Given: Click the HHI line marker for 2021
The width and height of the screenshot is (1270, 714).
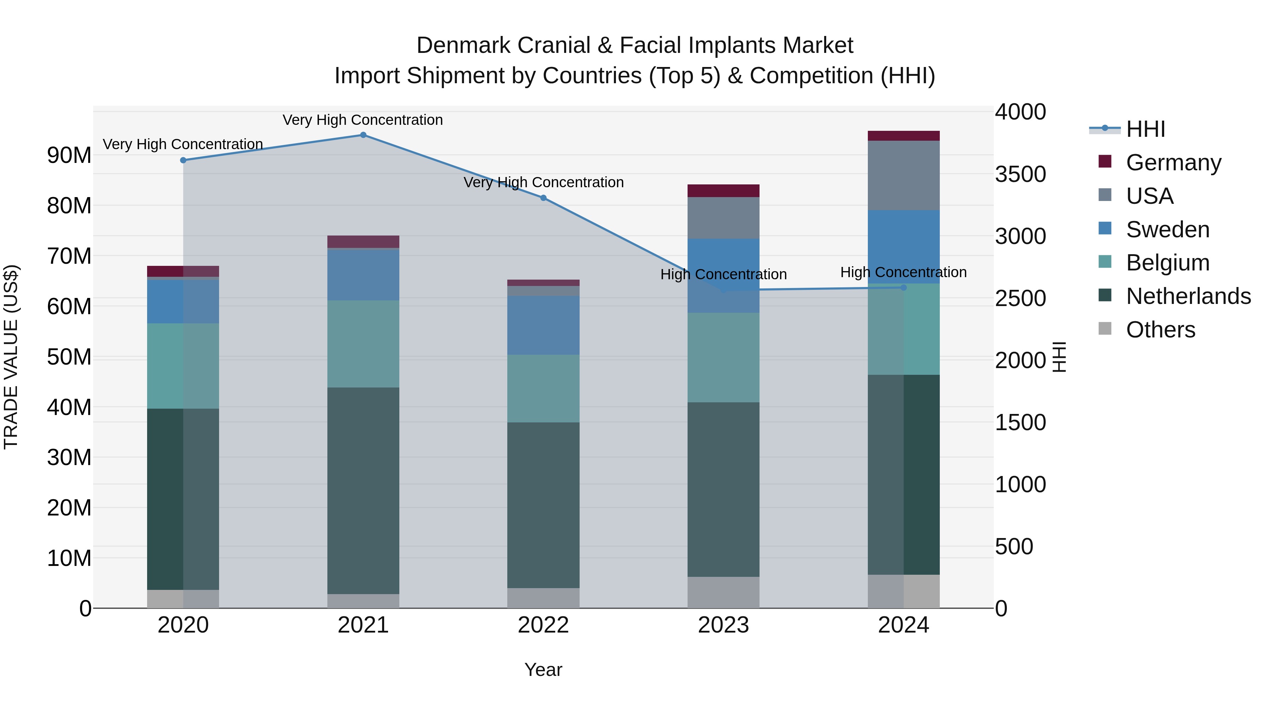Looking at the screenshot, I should pos(363,135).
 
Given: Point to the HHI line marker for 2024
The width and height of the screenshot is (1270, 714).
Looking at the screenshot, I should pos(904,288).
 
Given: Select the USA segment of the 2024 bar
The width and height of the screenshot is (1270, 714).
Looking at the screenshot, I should pos(904,176).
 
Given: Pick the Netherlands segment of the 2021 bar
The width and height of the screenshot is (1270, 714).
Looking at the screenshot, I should pos(363,490).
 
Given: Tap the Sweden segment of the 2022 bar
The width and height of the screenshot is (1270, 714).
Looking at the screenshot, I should pos(543,325).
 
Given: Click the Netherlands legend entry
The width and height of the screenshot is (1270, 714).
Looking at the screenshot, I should pos(1188,296).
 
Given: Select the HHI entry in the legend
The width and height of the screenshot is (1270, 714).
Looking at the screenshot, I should pos(1145,129).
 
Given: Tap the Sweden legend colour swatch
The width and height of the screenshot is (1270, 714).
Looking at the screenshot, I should pos(1105,228).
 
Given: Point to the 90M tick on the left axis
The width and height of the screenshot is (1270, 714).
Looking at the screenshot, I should pos(69,155).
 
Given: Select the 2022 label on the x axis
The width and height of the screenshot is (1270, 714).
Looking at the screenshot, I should pos(543,625).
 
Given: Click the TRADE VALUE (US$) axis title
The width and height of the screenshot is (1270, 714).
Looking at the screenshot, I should pos(11,357).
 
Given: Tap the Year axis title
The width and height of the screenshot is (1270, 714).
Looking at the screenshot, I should pos(543,670).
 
